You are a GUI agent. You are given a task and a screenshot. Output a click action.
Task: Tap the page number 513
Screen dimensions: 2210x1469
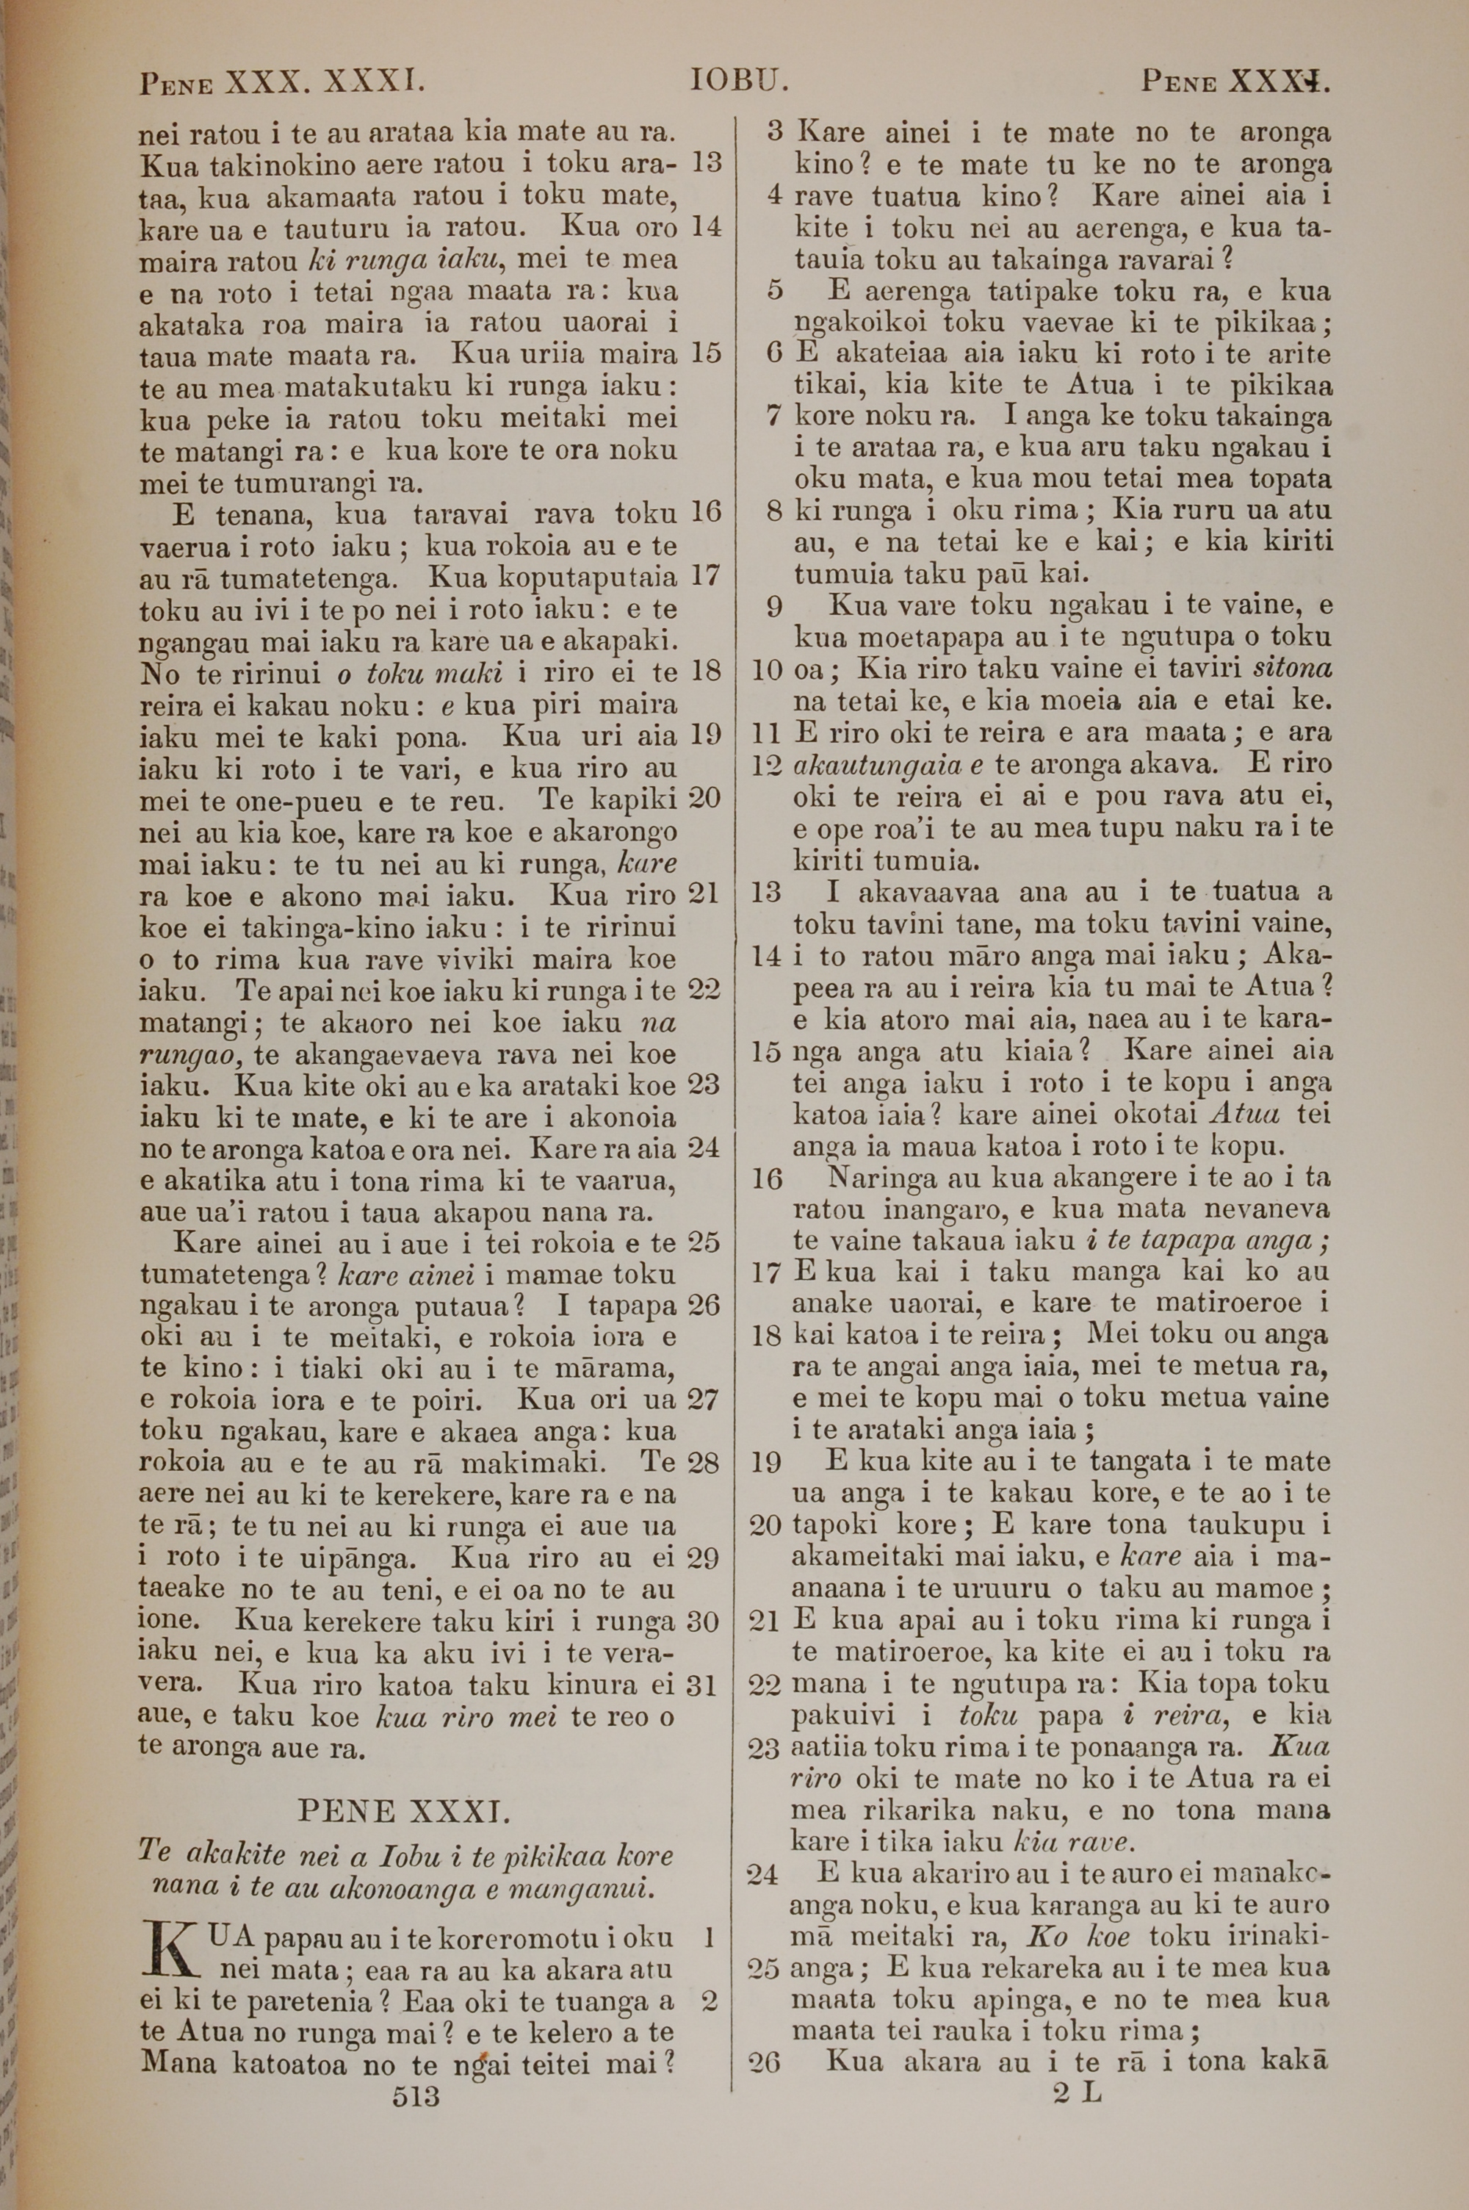click(417, 2095)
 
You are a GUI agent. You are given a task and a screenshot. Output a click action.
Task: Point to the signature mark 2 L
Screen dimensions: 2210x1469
click(1078, 2093)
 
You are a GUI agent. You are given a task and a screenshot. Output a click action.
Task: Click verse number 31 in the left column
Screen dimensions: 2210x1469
click(701, 1685)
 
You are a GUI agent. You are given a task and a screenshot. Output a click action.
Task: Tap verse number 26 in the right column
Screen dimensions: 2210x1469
click(765, 2060)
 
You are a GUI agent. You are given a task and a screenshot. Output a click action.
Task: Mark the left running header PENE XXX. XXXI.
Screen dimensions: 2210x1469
click(282, 84)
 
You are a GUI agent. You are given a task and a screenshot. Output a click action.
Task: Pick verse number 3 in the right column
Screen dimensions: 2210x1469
click(774, 132)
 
